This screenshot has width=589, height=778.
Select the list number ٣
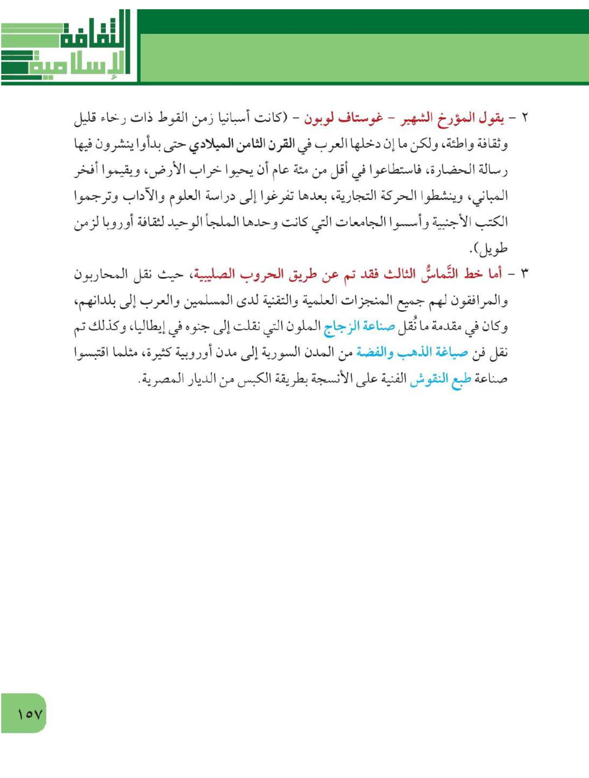(x=524, y=274)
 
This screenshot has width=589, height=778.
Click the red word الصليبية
(x=212, y=274)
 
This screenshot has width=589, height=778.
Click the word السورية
(x=275, y=353)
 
